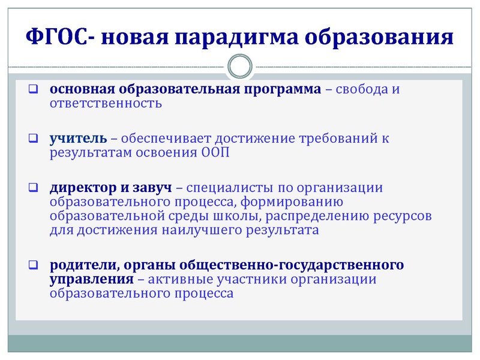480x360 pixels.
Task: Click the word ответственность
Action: click(106, 103)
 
